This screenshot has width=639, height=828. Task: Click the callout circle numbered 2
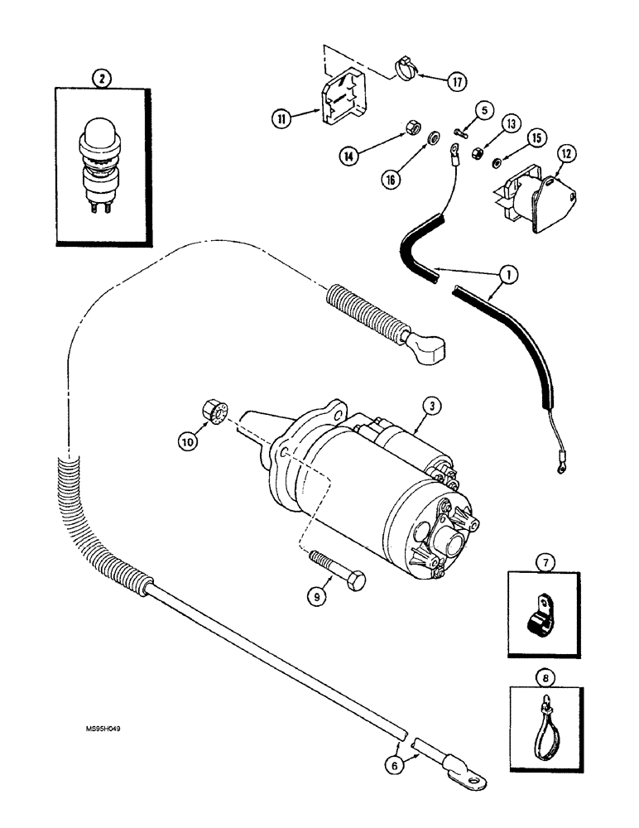coord(102,79)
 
